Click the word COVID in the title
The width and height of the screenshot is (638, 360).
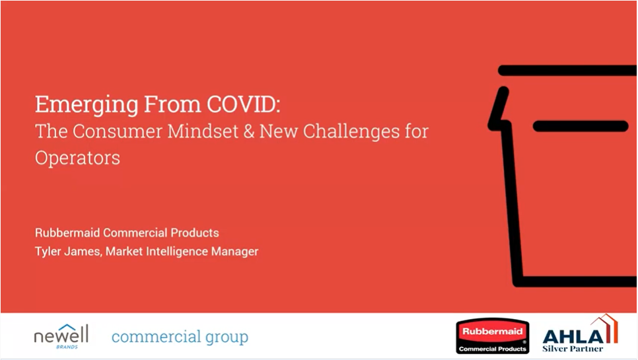coord(243,104)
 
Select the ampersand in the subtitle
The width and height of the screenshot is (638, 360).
coord(248,131)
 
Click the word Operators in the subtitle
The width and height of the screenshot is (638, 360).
coord(77,158)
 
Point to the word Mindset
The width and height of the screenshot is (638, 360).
coord(203,131)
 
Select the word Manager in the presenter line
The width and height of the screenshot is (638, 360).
coord(234,252)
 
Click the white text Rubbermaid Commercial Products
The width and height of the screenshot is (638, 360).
coord(127,233)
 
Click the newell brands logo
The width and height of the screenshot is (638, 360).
coord(61,337)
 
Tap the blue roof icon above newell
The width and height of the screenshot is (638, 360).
coord(67,328)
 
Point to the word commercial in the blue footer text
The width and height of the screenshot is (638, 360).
coord(157,337)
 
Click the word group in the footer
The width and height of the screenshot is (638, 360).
coord(227,338)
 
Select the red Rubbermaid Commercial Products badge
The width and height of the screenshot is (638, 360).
coord(492,336)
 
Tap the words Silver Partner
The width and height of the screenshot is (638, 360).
coord(573,349)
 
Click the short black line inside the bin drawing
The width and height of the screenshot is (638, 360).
coord(581,126)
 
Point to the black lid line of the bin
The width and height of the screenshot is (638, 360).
coord(567,71)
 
